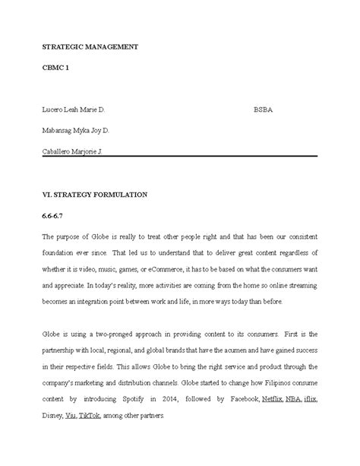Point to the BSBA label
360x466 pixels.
(263, 109)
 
